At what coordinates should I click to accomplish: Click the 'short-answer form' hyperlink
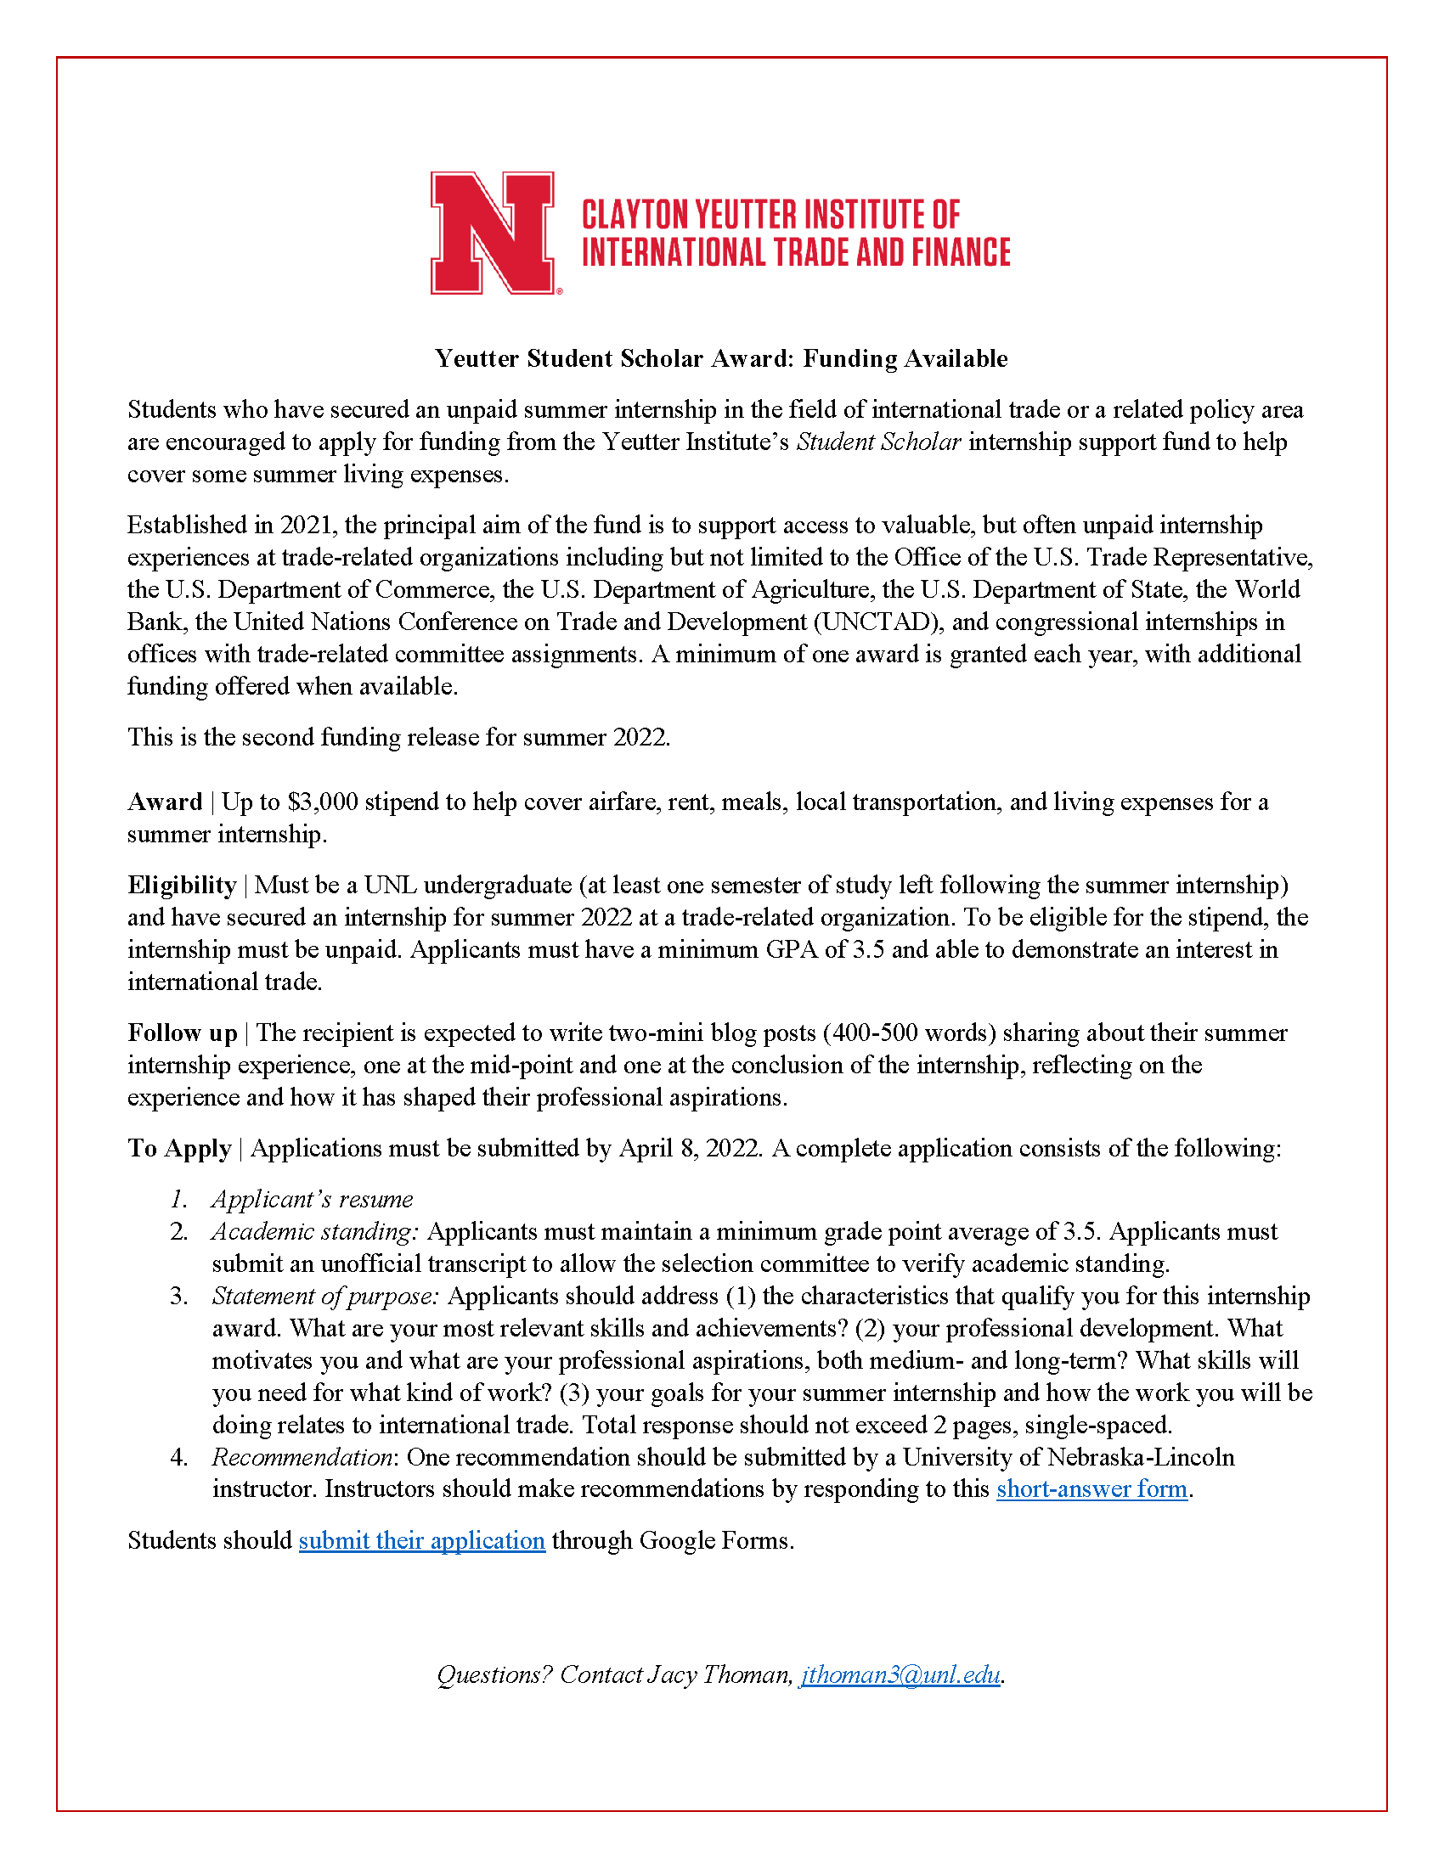(1091, 1488)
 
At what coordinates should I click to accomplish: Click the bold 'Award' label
(165, 802)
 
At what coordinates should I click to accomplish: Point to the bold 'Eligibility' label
(183, 885)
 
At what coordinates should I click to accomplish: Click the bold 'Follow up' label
(183, 1032)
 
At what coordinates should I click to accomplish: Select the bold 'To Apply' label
(179, 1148)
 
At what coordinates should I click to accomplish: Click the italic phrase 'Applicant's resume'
(313, 1199)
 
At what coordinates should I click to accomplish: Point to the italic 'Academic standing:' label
(316, 1232)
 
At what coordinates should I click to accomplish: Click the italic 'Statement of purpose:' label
(326, 1296)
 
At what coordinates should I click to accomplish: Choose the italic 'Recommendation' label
(302, 1456)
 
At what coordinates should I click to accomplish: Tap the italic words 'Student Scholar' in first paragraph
(878, 442)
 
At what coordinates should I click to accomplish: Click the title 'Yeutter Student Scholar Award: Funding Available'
(721, 358)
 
